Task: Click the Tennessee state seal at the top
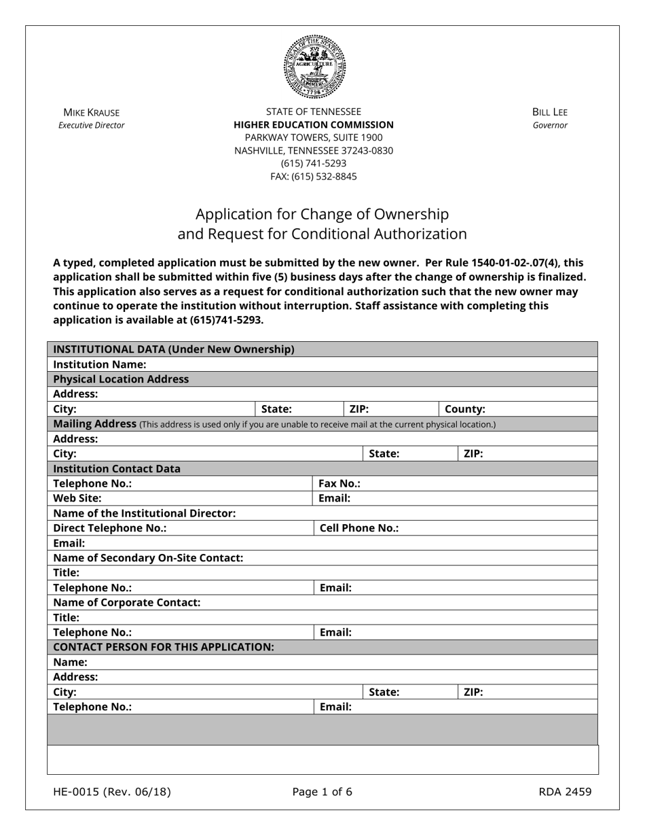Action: click(x=314, y=67)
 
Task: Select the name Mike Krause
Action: click(x=91, y=112)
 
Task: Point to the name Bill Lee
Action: click(x=550, y=112)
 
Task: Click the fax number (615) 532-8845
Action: click(x=314, y=177)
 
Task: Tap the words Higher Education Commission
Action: click(x=314, y=125)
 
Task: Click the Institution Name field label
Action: click(x=99, y=364)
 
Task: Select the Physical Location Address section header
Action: click(x=121, y=379)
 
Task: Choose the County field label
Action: click(x=465, y=409)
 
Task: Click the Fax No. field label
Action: click(x=339, y=484)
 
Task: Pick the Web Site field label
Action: click(x=77, y=498)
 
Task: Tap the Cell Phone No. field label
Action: click(x=358, y=528)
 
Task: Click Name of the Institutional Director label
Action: click(x=145, y=513)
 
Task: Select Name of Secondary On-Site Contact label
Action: click(x=148, y=558)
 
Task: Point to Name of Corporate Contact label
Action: click(x=127, y=603)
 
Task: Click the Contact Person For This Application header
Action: click(x=164, y=647)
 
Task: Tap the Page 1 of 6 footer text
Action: click(x=322, y=792)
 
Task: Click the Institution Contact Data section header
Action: click(x=117, y=469)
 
